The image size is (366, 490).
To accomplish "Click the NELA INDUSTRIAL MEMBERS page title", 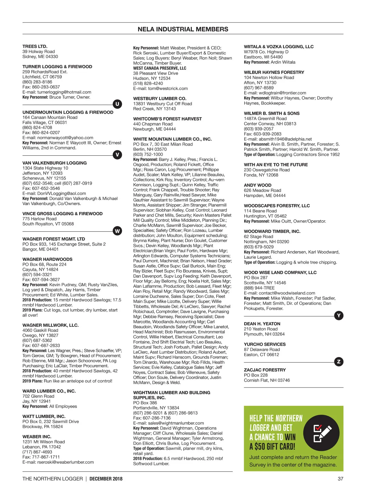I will tap(183, 29).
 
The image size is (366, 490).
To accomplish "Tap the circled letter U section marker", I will tap(117, 104).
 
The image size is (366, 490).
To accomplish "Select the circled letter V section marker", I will tap(117, 155).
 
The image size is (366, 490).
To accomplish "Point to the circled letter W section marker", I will tap(117, 231).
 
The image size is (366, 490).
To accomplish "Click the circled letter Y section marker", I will tap(339, 315).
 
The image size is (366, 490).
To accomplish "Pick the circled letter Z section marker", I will tap(339, 362).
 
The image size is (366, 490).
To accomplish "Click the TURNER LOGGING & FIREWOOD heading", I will tap(57, 67).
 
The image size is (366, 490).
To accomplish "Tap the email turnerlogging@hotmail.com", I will tap(64, 92).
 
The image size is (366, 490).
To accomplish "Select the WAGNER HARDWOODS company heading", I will tap(47, 259).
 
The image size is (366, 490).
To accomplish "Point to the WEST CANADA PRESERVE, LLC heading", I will tap(160, 68).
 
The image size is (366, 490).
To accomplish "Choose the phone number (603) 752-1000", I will tap(148, 154).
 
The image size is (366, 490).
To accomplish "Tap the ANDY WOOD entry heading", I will tap(257, 185).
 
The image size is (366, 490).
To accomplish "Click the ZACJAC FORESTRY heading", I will tap(265, 370).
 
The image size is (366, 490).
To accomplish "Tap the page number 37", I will tap(340, 479).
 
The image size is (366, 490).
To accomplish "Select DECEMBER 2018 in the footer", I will tap(106, 479).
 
